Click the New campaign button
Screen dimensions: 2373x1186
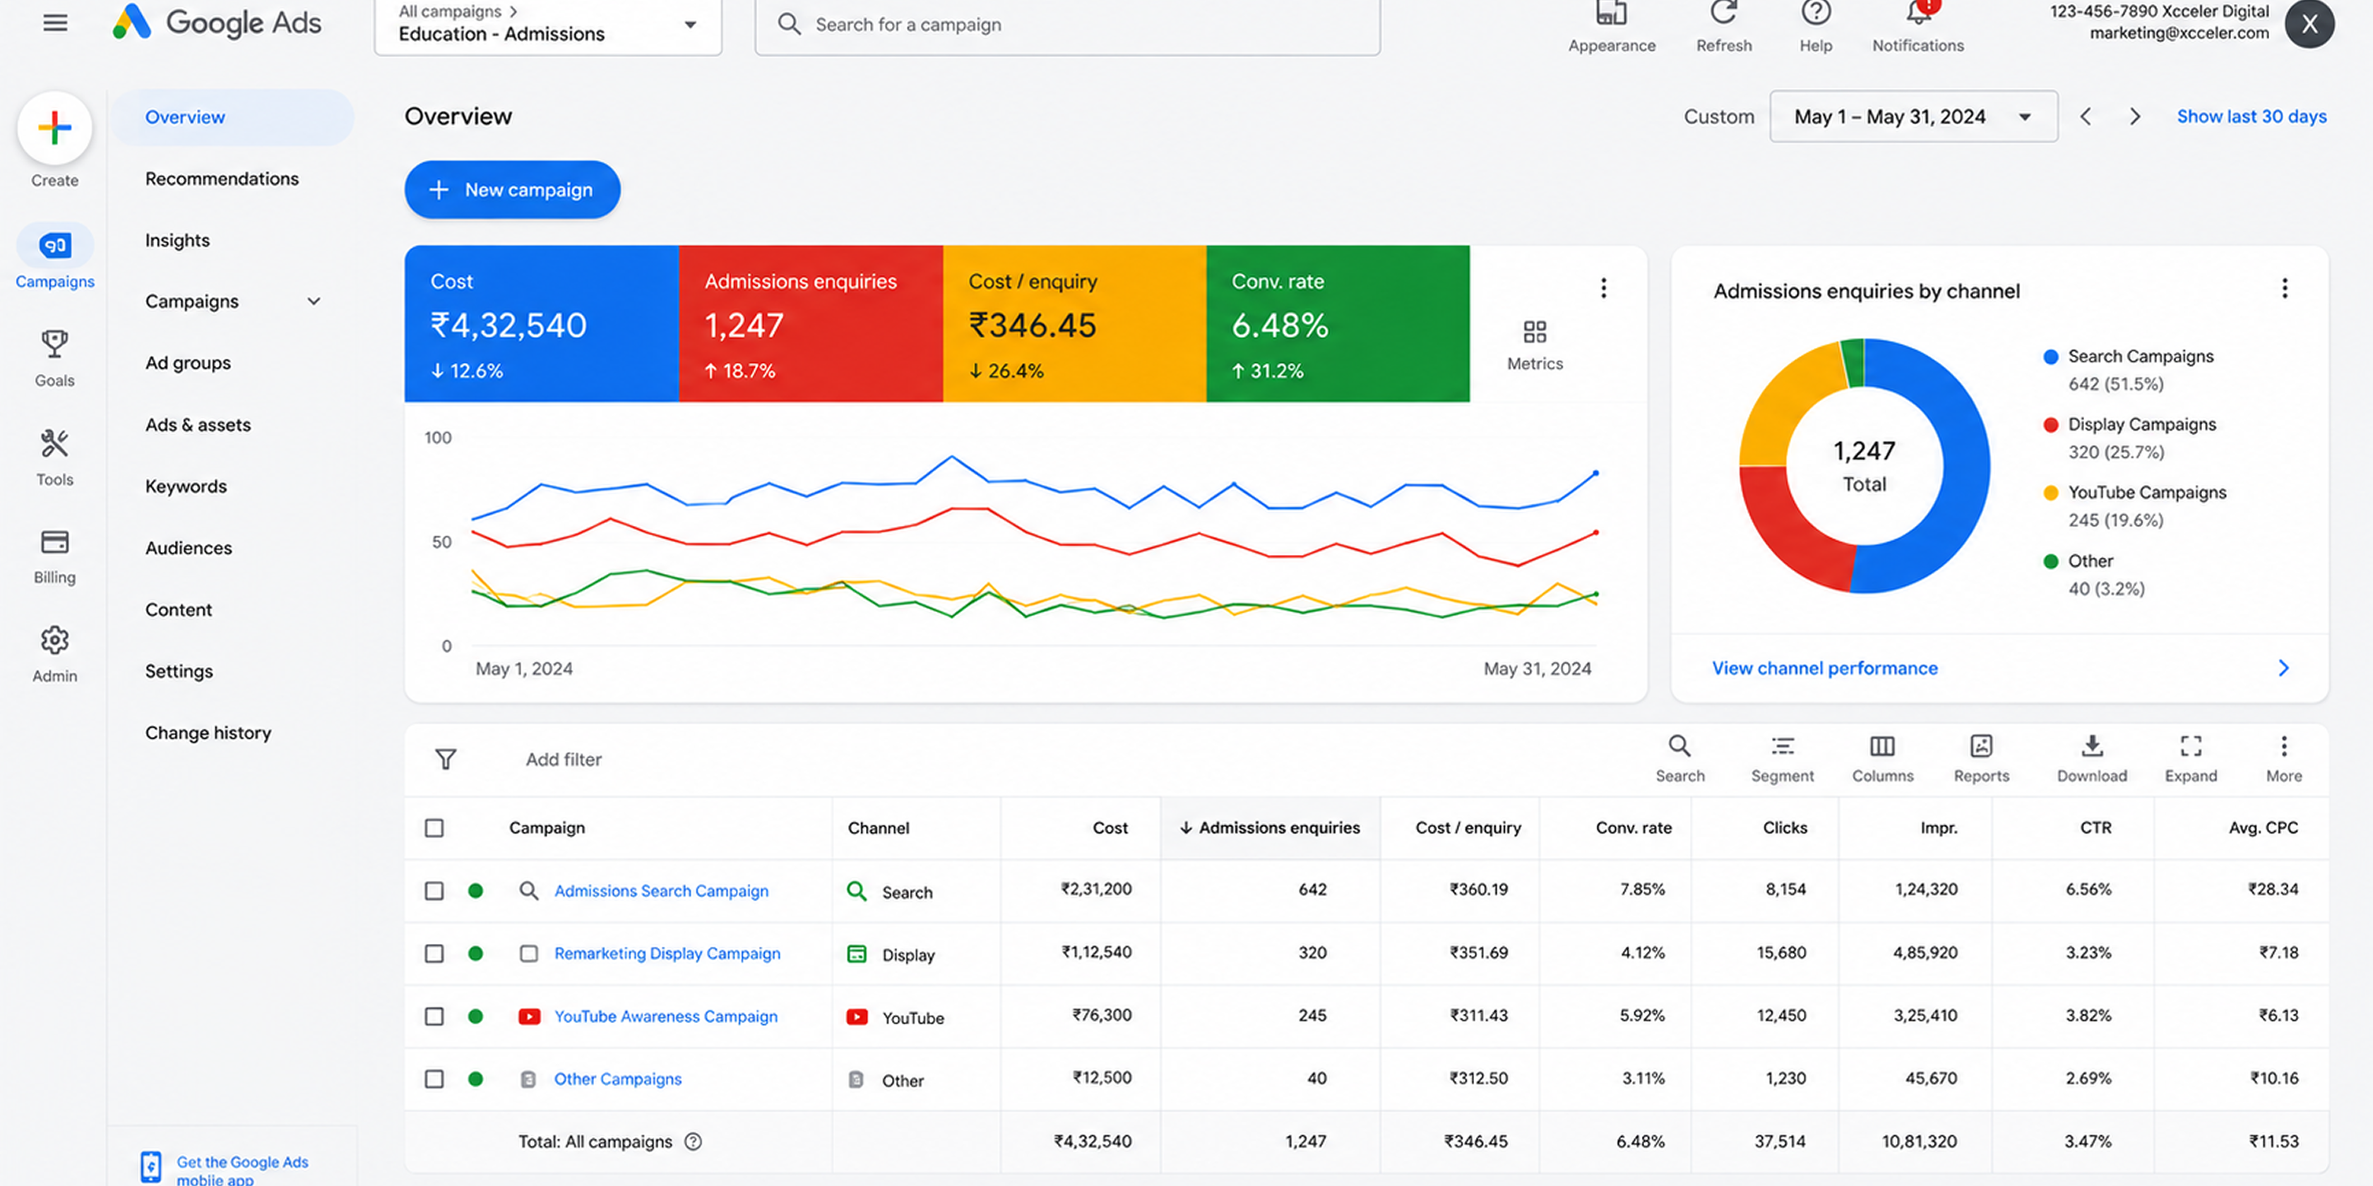pos(512,190)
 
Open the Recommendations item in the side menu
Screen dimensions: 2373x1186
pos(222,179)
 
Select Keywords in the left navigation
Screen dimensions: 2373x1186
pos(186,486)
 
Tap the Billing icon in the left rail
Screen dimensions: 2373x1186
pos(54,542)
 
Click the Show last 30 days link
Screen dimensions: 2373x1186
pos(2252,116)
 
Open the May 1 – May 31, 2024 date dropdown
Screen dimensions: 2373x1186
pos(1913,116)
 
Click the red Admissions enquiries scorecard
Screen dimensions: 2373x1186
pos(811,323)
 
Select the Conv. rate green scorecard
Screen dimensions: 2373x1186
pos(1338,323)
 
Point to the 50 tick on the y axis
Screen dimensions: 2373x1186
pos(442,542)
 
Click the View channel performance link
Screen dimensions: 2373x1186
pos(1825,669)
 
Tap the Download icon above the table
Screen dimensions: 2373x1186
pos(2092,746)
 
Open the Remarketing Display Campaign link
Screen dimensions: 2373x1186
pos(667,953)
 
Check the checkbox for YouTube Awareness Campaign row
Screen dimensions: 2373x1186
pos(434,1016)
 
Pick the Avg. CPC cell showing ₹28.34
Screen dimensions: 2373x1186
pos(2273,890)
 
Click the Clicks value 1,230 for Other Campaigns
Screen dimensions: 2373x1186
pos(1785,1077)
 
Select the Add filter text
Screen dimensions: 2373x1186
pos(564,760)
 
